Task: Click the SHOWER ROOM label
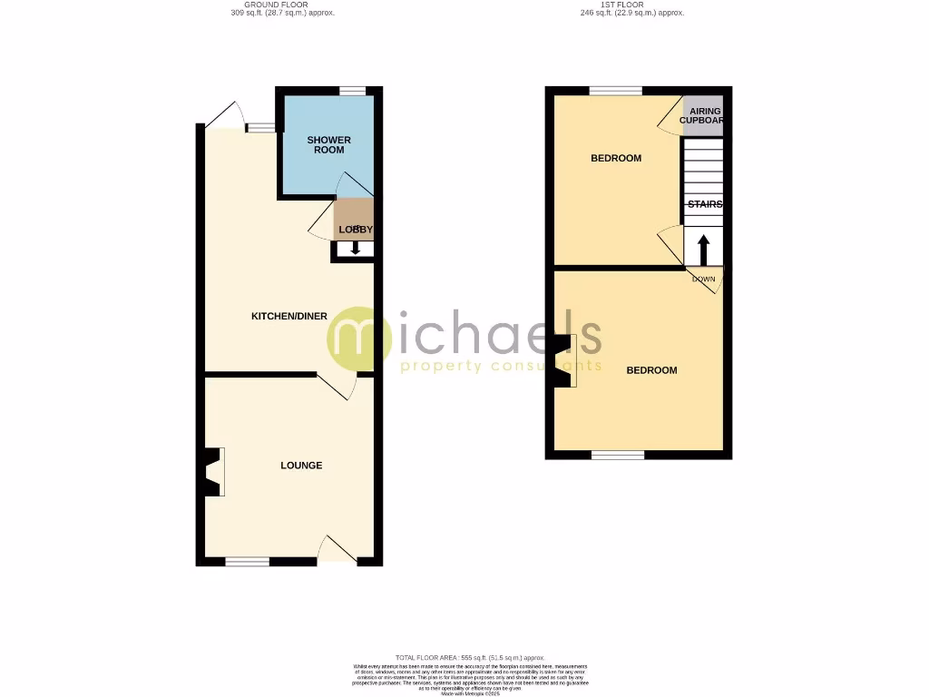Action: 328,145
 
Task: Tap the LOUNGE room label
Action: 301,466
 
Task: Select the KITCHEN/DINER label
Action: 289,317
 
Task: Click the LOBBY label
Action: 356,231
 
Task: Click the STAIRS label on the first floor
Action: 704,205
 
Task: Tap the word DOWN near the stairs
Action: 704,279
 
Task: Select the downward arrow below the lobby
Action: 355,248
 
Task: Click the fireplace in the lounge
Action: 213,472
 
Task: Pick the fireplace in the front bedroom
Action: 563,361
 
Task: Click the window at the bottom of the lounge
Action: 248,562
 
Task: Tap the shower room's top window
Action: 352,90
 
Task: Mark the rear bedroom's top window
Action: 616,91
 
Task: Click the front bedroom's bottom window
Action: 618,454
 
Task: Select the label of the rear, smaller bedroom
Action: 616,159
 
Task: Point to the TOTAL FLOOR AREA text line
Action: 469,657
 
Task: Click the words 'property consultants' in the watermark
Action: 501,366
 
